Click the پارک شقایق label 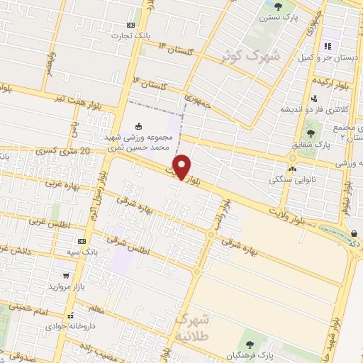click(312, 145)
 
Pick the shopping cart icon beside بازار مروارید click(67, 274)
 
